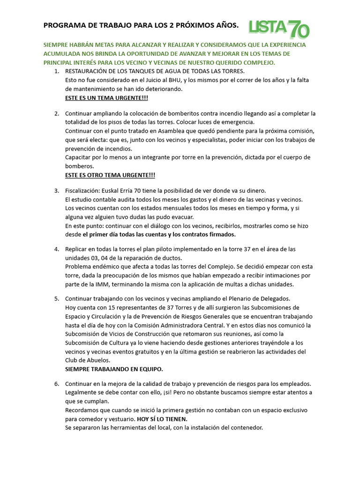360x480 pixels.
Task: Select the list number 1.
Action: pos(56,71)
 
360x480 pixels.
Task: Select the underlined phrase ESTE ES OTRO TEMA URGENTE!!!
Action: pos(110,175)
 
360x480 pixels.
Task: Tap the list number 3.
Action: pos(56,191)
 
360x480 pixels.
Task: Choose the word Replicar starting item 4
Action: pos(78,249)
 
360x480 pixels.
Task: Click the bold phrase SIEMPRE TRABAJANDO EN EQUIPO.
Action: pos(114,369)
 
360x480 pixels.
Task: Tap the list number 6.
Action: pos(56,384)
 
